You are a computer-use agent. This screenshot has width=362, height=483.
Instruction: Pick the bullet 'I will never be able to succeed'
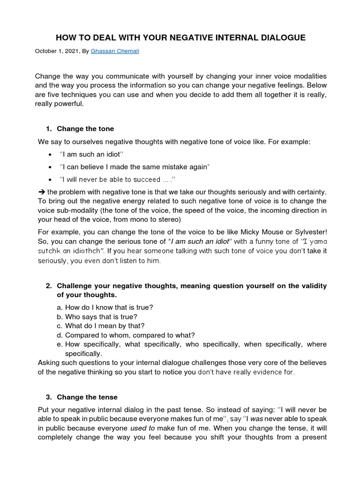tap(117, 180)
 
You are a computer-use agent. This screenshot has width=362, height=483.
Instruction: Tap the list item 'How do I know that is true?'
tap(109, 308)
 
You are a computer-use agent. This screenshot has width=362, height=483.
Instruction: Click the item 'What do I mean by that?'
tap(105, 326)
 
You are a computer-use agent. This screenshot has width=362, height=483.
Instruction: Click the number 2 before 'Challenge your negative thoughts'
tap(48, 286)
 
